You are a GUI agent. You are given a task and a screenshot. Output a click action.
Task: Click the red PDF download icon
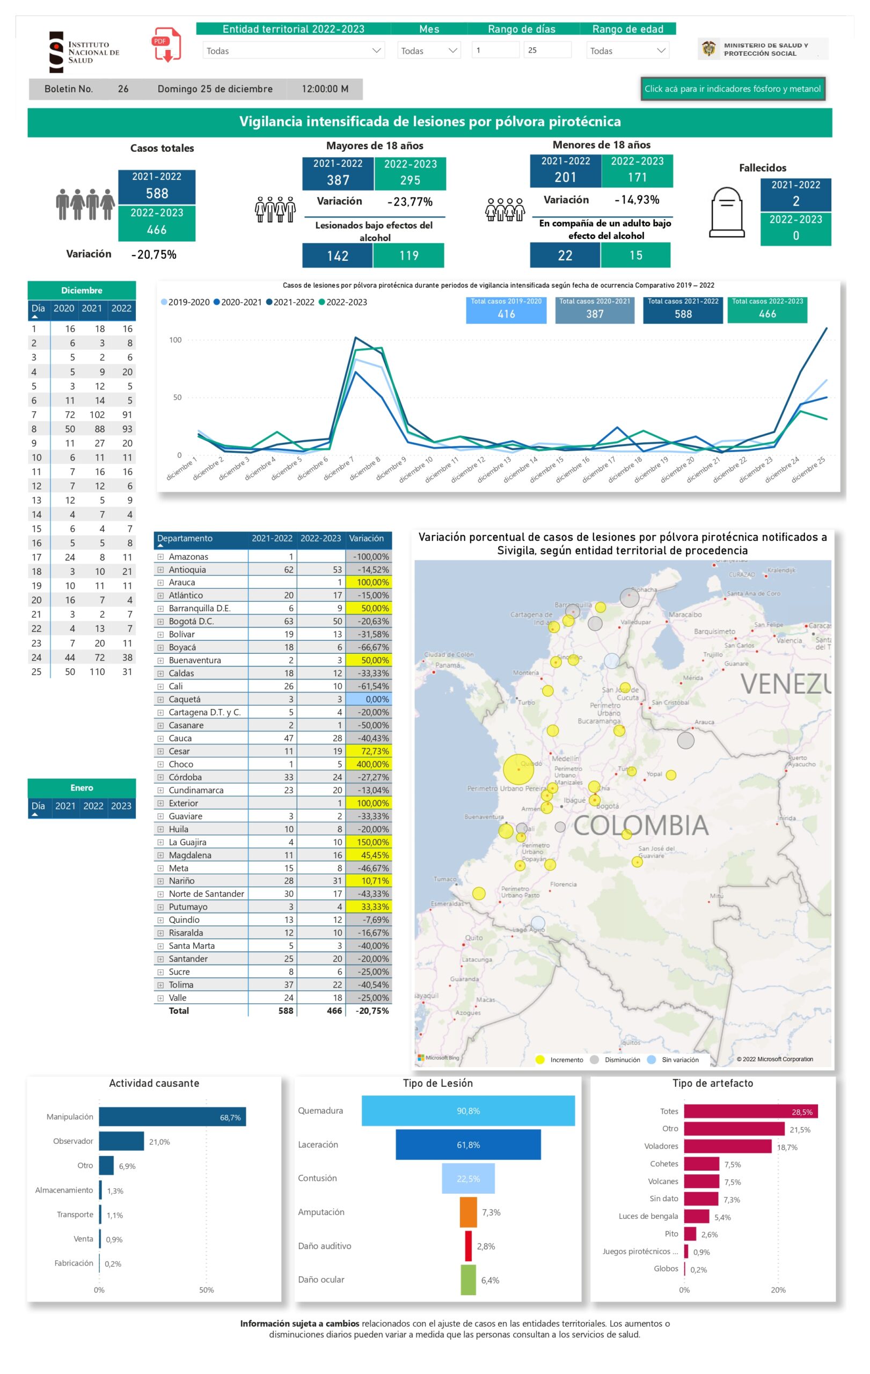click(x=166, y=45)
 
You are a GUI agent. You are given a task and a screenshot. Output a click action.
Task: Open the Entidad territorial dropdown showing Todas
click(x=293, y=51)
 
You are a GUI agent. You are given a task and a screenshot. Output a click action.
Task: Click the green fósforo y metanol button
click(x=732, y=89)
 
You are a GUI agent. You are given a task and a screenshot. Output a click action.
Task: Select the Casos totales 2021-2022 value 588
click(x=157, y=193)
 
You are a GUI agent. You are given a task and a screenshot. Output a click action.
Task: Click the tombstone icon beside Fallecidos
click(x=726, y=212)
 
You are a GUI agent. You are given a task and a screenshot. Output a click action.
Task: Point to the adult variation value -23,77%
click(x=410, y=202)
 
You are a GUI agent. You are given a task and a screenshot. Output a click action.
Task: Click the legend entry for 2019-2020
click(x=185, y=302)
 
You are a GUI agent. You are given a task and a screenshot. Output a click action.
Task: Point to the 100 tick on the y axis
click(x=175, y=340)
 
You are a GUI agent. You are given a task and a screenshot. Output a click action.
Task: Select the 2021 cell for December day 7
click(x=97, y=415)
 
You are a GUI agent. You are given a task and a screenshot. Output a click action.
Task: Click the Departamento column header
click(x=185, y=539)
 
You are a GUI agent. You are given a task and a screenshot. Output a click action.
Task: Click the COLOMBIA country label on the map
click(x=640, y=825)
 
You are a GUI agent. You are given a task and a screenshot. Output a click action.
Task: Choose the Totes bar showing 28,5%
click(x=750, y=1112)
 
